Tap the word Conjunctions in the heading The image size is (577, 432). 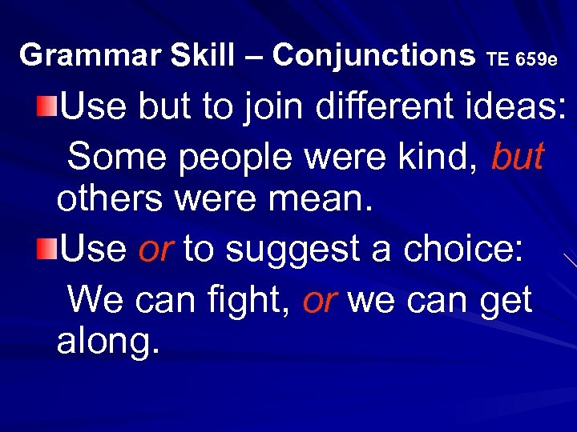(373, 55)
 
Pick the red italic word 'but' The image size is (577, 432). (518, 158)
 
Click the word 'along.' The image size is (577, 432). (108, 342)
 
